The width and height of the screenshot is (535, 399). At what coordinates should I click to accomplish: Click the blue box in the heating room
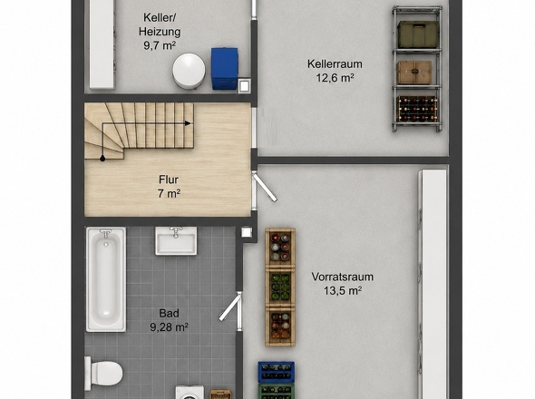(x=224, y=69)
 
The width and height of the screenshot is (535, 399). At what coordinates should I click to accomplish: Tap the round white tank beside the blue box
(x=189, y=71)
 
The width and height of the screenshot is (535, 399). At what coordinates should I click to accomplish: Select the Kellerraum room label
(x=335, y=63)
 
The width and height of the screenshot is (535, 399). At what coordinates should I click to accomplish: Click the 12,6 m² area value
(x=335, y=78)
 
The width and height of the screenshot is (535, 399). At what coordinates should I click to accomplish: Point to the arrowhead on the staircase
(x=188, y=123)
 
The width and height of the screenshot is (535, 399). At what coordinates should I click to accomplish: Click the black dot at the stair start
(x=102, y=158)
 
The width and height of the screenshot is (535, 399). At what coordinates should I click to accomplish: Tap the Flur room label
(x=169, y=180)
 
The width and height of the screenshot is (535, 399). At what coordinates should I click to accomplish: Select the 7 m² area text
(x=169, y=194)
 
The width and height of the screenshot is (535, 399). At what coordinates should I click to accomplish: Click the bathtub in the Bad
(x=106, y=279)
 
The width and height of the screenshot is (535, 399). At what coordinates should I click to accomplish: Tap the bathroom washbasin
(x=176, y=240)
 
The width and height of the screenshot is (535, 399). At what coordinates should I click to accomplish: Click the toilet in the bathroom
(x=103, y=373)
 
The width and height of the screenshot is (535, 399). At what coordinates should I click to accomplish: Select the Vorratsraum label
(x=342, y=277)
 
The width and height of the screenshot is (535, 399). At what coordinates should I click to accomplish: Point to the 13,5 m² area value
(x=343, y=291)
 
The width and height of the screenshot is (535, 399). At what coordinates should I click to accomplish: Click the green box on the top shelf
(x=418, y=34)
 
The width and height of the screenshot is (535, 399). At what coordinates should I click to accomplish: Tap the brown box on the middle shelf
(x=414, y=73)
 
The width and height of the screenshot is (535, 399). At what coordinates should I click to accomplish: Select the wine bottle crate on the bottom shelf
(x=417, y=109)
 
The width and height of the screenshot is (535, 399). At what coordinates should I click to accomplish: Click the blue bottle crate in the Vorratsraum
(x=276, y=372)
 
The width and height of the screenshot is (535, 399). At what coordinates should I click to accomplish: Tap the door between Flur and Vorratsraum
(x=265, y=187)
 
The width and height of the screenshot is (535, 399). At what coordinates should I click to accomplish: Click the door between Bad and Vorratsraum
(x=230, y=307)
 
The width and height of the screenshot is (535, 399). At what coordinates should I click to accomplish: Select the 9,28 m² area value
(x=170, y=327)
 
